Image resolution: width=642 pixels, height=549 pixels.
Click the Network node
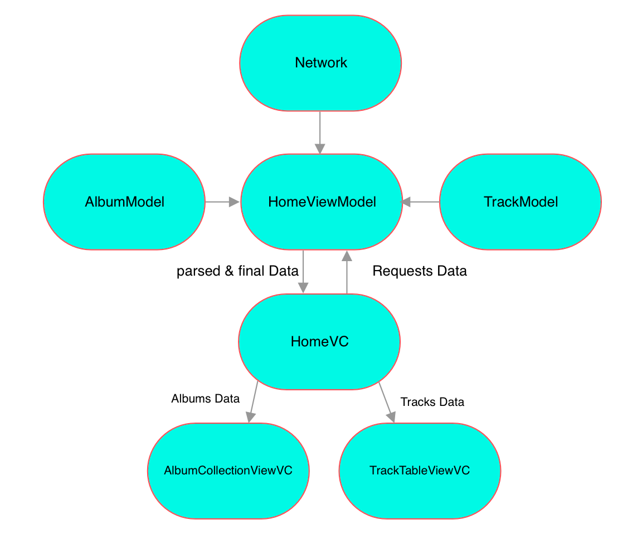click(320, 63)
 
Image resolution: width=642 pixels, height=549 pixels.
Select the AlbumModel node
click(124, 202)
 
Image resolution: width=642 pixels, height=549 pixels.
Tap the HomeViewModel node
click(322, 202)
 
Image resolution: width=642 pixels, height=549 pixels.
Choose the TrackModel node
click(521, 202)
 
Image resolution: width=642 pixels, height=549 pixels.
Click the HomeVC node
click(319, 341)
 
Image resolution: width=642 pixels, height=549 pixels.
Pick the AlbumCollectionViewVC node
click(228, 470)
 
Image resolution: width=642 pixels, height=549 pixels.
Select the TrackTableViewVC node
click(420, 470)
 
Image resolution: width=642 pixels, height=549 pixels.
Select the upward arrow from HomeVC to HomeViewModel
click(347, 273)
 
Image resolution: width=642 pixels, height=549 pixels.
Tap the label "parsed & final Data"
click(237, 271)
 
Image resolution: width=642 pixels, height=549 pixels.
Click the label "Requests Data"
click(419, 271)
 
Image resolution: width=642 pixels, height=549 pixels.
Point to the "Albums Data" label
click(205, 399)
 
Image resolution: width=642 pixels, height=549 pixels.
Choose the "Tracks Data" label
click(432, 402)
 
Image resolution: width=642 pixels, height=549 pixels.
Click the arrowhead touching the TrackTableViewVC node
click(392, 418)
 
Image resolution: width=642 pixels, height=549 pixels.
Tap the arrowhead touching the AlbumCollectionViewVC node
click(250, 418)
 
